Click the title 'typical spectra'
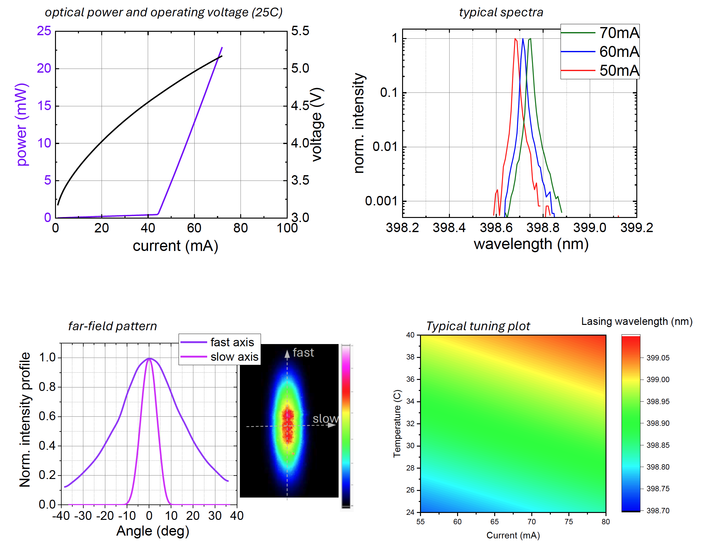point(501,12)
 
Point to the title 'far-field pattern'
point(113,326)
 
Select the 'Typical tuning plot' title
point(478,326)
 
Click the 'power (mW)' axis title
point(22,125)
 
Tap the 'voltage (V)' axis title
point(317,125)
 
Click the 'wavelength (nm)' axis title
point(531,244)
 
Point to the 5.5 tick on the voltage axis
point(300,31)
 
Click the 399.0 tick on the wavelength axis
point(589,228)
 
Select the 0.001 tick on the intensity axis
point(381,201)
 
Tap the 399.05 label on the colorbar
point(658,358)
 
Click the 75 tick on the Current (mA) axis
point(569,521)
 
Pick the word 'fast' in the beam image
point(303,353)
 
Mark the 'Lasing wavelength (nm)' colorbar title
point(637,321)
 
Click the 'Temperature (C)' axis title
point(397,423)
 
